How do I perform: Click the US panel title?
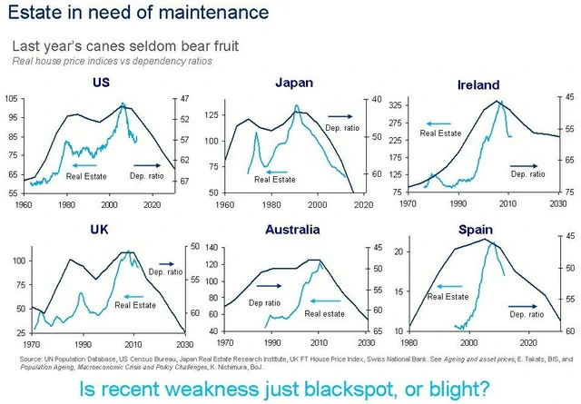(102, 84)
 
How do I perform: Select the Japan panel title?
(293, 83)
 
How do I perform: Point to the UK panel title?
(100, 230)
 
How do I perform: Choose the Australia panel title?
(292, 230)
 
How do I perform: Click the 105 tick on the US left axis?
(10, 98)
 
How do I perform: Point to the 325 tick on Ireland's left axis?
(396, 106)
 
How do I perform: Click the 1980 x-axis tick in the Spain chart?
(408, 344)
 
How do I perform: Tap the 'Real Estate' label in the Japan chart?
(274, 179)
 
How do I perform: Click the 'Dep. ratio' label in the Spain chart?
(526, 314)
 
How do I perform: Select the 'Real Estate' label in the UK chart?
(134, 305)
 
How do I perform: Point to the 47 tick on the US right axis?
(184, 98)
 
